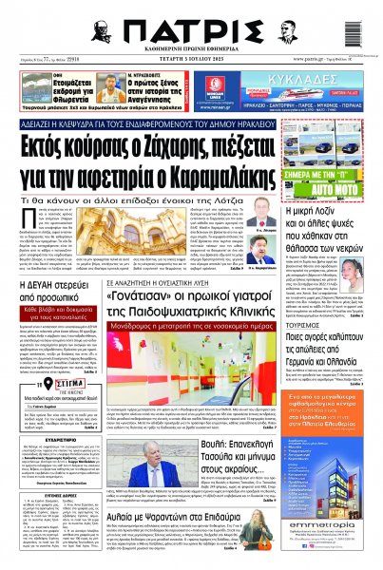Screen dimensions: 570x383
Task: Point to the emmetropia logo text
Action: (337, 527)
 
